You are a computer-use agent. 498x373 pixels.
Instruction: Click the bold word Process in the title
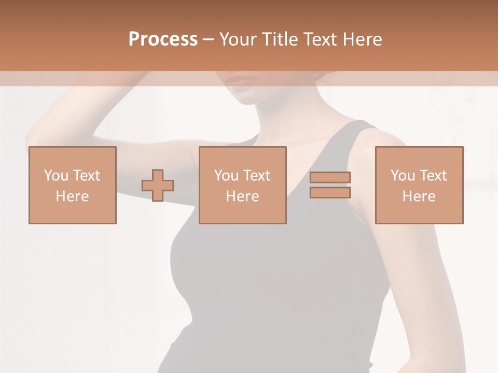coord(163,39)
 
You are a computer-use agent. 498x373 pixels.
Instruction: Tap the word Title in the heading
coord(280,39)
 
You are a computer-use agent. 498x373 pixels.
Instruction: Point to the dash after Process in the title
coord(209,40)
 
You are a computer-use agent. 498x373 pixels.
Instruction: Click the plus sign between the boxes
coord(158,185)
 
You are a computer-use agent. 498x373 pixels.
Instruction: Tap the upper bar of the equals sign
coord(330,177)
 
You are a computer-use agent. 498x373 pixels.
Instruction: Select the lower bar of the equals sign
coord(330,192)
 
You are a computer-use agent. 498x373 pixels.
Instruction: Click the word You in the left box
coord(56,176)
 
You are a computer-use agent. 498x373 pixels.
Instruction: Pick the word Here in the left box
coord(72,196)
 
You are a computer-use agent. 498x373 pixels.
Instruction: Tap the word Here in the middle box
coord(242,196)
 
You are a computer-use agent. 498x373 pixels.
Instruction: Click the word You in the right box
coord(403,176)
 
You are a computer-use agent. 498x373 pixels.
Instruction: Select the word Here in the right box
coord(419,196)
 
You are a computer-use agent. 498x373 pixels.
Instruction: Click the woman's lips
coord(240,81)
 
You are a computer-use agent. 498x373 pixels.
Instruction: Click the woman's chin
coord(247,98)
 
